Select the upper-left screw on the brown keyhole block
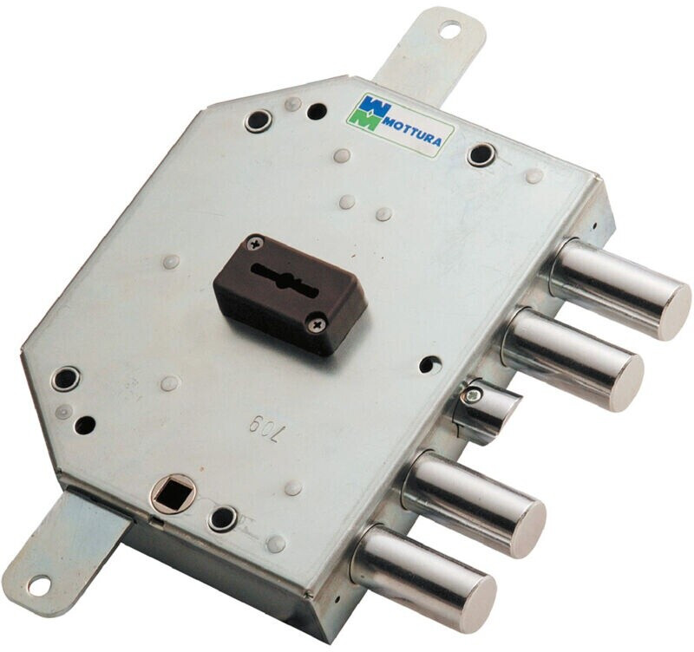[254, 243]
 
